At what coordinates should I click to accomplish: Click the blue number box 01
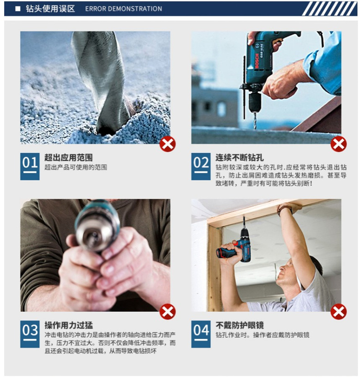click(30, 167)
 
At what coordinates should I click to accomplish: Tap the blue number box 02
click(201, 167)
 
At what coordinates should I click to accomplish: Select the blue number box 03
click(30, 334)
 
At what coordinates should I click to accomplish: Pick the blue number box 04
click(201, 334)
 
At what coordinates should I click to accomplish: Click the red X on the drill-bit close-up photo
click(168, 144)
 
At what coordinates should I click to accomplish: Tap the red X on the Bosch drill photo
click(339, 144)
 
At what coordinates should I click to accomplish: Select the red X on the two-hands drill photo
click(168, 311)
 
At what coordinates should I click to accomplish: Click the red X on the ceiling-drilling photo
click(339, 311)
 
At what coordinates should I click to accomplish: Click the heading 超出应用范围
click(68, 158)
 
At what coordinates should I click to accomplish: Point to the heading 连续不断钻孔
click(240, 158)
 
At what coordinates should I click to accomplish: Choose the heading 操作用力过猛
click(68, 325)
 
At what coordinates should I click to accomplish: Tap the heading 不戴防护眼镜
click(240, 325)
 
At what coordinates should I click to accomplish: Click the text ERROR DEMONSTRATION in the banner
click(124, 9)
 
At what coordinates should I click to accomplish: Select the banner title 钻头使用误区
click(50, 9)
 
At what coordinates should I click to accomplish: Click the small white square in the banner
click(18, 9)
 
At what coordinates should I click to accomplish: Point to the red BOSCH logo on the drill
click(257, 61)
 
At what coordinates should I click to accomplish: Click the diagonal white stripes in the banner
click(330, 9)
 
